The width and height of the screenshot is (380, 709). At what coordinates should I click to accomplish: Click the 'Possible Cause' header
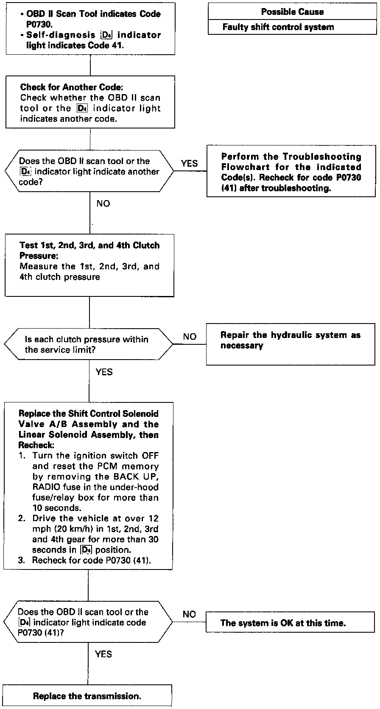[x=292, y=12]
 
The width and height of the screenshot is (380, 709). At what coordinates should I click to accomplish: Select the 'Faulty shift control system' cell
[x=278, y=27]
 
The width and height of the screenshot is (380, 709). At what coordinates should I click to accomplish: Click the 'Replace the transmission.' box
[x=87, y=696]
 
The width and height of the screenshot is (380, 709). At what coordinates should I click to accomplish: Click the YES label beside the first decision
[x=189, y=163]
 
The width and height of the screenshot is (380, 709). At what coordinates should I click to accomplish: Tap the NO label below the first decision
[x=103, y=204]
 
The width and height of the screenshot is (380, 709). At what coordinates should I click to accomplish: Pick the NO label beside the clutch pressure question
[x=190, y=337]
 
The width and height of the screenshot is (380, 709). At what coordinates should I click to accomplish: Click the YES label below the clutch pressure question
[x=104, y=372]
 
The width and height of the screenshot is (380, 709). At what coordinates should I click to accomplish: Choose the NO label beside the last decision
[x=189, y=614]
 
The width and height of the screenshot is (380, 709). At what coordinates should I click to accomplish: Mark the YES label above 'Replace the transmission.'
[x=103, y=654]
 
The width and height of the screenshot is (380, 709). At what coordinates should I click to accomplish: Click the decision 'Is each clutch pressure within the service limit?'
[x=88, y=344]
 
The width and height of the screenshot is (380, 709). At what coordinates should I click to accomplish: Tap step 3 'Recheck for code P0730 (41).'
[x=92, y=560]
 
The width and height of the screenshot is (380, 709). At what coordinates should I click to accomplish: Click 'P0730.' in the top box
[x=39, y=24]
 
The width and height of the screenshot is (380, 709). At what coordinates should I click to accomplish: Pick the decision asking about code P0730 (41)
[x=88, y=622]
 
